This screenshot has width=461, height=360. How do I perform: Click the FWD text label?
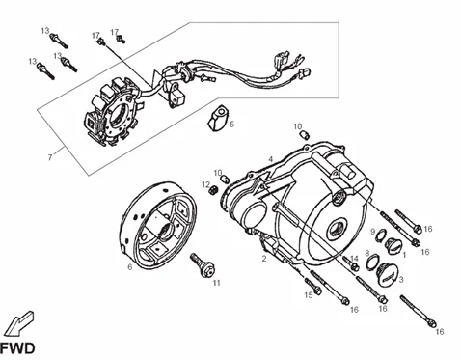17,349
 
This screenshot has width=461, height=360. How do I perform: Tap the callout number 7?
50,157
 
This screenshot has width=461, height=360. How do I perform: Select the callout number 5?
231,125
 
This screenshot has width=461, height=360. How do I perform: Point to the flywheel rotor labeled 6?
160,225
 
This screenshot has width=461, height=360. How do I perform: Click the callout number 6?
130,267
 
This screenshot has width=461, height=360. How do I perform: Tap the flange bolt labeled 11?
203,265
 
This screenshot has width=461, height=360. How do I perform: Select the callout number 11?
217,283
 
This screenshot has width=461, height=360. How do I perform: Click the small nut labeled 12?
213,190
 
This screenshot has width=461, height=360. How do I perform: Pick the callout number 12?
205,184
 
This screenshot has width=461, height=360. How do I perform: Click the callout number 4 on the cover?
271,159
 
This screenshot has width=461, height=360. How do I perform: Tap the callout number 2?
264,259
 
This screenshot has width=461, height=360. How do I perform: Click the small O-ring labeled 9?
381,235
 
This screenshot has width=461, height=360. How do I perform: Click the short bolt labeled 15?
312,287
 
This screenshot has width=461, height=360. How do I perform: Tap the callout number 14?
354,259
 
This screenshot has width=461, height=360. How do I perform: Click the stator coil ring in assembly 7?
113,113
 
